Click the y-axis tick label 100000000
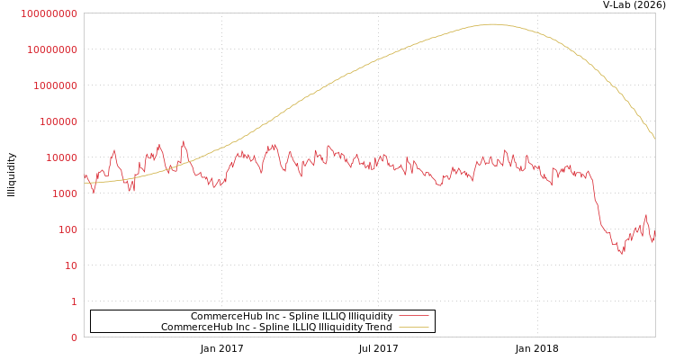49,13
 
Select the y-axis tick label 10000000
51,49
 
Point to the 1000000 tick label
54,85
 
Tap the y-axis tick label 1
74,301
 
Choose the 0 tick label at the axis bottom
74,337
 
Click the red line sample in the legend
413,316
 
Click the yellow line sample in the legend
413,327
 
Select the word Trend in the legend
376,327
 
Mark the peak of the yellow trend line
491,24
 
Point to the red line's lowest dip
621,254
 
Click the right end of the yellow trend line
654,138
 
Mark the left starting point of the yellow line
85,183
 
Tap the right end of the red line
654,231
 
